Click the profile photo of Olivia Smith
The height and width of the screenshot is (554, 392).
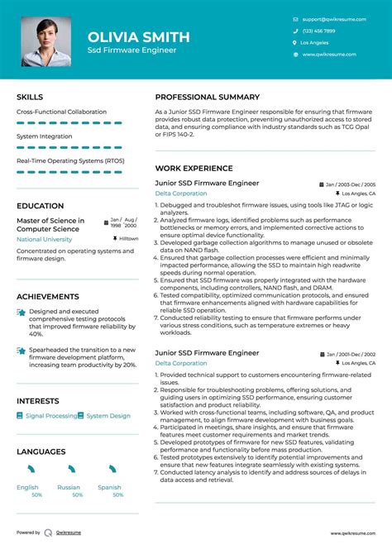pyautogui.click(x=46, y=41)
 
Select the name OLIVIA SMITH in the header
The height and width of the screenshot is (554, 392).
pyautogui.click(x=139, y=36)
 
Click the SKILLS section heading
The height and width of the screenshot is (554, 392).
pyautogui.click(x=31, y=97)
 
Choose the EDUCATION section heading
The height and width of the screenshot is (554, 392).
pyautogui.click(x=40, y=206)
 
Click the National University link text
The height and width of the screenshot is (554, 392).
pyautogui.click(x=45, y=239)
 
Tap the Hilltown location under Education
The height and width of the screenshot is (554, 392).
pyautogui.click(x=128, y=238)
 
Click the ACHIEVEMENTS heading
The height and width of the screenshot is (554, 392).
pyautogui.click(x=48, y=296)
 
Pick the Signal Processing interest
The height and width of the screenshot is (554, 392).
pyautogui.click(x=51, y=416)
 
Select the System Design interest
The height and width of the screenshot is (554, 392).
pyautogui.click(x=108, y=416)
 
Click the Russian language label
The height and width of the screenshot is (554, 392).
pyautogui.click(x=70, y=487)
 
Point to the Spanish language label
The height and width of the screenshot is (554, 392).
pyautogui.click(x=109, y=487)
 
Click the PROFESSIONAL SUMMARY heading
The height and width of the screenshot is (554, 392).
pyautogui.click(x=208, y=97)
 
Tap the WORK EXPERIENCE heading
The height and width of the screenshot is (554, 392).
pyautogui.click(x=194, y=168)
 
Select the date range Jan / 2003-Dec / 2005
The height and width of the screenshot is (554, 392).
pyautogui.click(x=351, y=184)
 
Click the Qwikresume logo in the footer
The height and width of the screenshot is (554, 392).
pyautogui.click(x=50, y=533)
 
